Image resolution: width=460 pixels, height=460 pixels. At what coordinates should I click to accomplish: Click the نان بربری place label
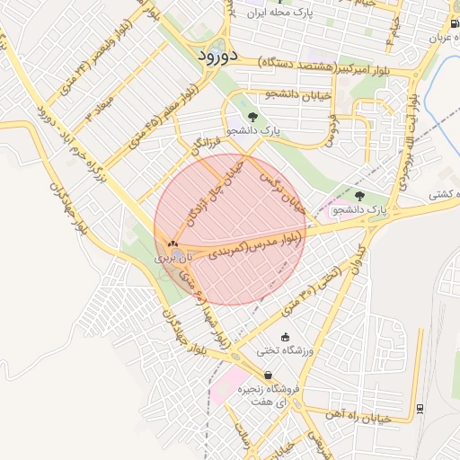tap(173, 258)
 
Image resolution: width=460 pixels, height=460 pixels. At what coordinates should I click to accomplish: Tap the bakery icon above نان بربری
tap(172, 243)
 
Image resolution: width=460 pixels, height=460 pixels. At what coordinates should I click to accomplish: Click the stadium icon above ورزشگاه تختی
tap(285, 338)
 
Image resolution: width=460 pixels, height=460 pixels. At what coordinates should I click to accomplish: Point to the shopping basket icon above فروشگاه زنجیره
tap(267, 376)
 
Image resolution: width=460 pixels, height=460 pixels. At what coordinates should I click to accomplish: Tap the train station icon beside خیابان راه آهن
tap(420, 409)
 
